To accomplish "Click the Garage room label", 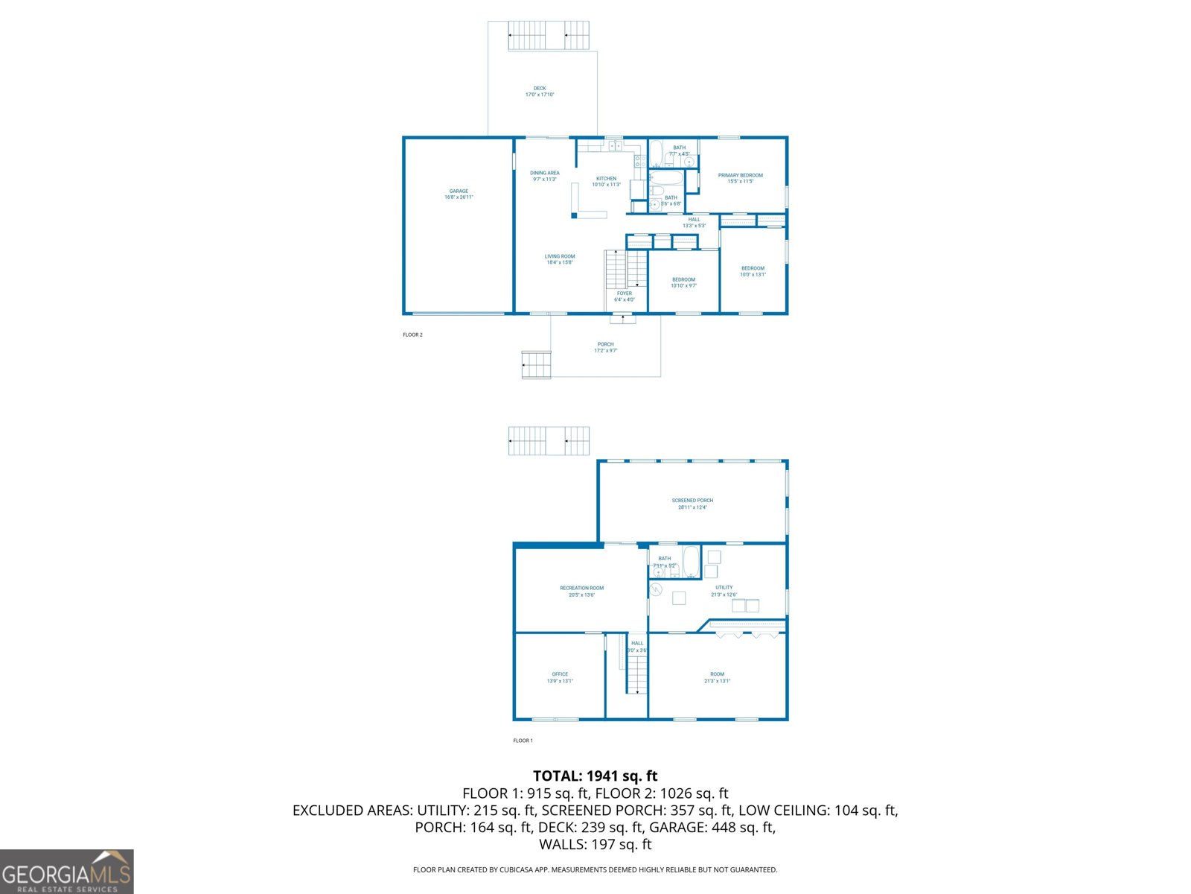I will pos(459,194).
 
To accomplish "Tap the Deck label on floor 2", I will pos(540,92).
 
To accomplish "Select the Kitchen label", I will pos(606,181).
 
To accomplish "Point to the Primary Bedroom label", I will pos(740,178).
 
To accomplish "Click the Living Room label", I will pos(560,259).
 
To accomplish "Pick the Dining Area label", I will pos(545,176).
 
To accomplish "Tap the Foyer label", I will pos(624,297).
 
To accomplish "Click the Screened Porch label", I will pos(692,504).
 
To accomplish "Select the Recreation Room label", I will pos(581,592).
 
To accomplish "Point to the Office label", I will pos(560,677).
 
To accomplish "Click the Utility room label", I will pos(724,591).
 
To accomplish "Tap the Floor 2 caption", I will pos(412,335).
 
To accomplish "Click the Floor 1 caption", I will pos(523,741).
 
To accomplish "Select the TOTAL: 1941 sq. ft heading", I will pos(595,776).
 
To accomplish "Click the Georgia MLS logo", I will pos(66,872).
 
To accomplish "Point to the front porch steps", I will pos(536,365).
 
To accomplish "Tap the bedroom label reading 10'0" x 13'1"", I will pos(753,271).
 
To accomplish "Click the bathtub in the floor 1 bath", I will pos(692,562).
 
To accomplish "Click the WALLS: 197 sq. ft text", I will pos(595,844).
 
